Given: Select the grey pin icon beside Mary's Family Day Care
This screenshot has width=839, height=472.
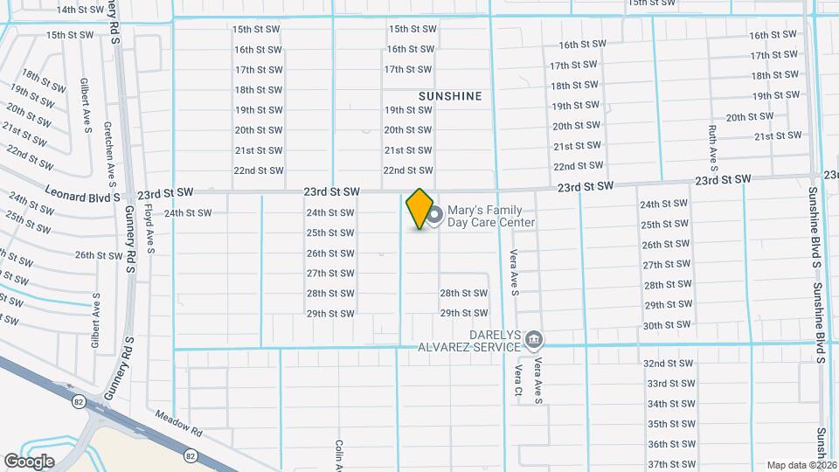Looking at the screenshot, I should point(434,214).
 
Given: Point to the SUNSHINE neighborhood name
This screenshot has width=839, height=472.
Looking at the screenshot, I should point(450,96).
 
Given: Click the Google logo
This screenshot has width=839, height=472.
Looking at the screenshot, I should point(29,461).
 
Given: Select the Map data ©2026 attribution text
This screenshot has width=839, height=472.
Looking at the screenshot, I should point(801,465).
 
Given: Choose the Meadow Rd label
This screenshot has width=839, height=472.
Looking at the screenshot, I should point(179,424).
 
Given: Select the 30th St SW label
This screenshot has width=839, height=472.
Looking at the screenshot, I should point(667,325).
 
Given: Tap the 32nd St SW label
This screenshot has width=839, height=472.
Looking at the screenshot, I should point(669,363).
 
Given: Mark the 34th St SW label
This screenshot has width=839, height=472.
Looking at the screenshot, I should point(670,404).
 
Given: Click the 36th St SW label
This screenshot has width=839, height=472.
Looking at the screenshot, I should point(671,444).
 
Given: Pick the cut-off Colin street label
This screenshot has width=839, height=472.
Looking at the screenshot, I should point(338,455).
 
